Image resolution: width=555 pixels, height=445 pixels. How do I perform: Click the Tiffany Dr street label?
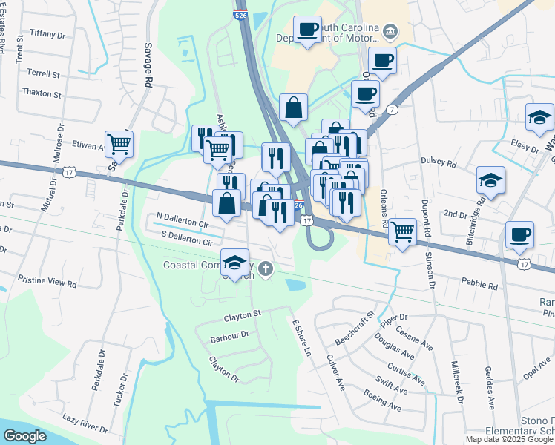pyautogui.click(x=47, y=33)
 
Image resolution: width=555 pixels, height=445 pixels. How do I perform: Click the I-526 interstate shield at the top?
pyautogui.click(x=243, y=14)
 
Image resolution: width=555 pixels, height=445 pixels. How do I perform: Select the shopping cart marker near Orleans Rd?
pyautogui.click(x=402, y=231)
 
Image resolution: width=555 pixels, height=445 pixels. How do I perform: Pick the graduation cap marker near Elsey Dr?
pyautogui.click(x=539, y=116)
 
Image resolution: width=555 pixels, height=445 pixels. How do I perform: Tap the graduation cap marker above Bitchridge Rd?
pyautogui.click(x=490, y=179)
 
